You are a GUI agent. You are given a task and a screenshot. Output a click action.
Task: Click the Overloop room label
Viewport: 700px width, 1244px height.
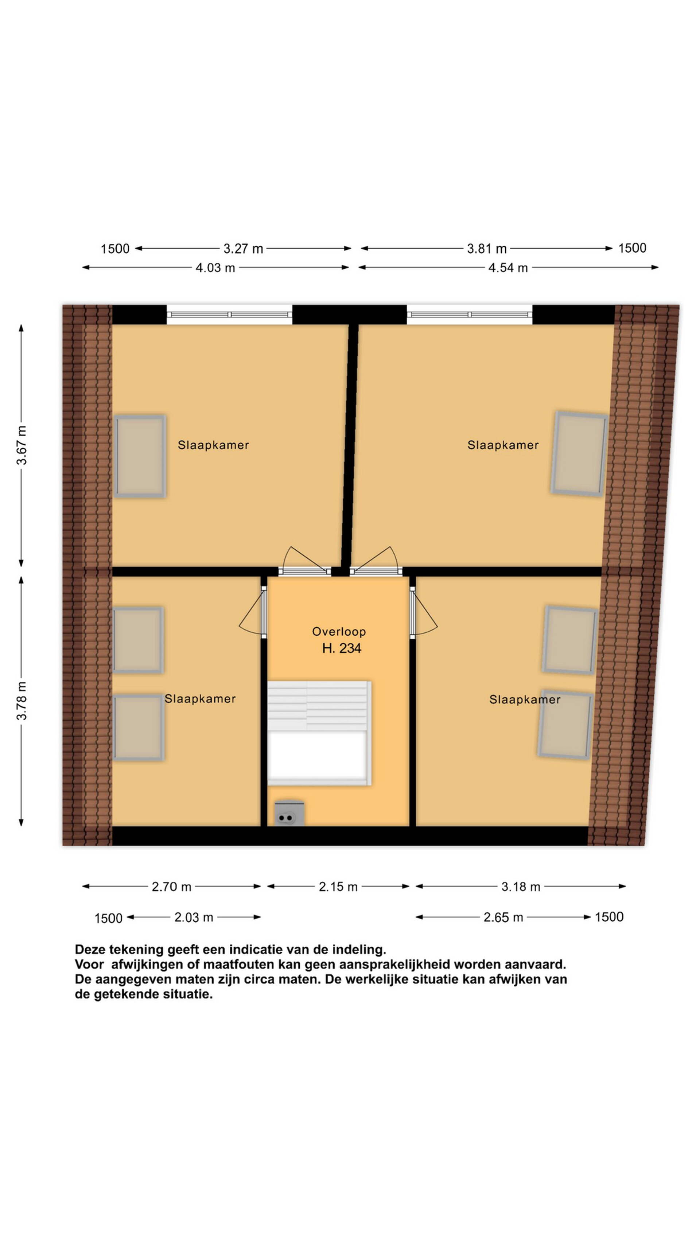click(x=339, y=631)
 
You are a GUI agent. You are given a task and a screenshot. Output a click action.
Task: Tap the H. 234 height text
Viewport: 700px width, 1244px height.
click(x=342, y=648)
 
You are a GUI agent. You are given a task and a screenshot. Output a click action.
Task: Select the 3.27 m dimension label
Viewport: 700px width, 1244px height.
click(x=243, y=249)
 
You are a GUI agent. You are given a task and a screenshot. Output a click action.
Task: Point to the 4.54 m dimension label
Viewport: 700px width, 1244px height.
click(x=508, y=268)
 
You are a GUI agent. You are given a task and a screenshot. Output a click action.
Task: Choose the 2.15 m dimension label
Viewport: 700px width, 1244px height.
click(x=338, y=887)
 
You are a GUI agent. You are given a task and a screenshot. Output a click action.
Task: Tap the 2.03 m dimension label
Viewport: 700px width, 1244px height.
click(x=194, y=917)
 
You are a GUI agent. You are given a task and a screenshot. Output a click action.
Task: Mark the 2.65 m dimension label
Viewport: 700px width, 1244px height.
click(x=503, y=917)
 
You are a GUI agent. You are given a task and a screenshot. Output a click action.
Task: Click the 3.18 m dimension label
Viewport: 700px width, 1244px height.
click(x=521, y=887)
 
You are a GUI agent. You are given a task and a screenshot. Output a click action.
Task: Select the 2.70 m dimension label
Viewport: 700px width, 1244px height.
click(x=171, y=887)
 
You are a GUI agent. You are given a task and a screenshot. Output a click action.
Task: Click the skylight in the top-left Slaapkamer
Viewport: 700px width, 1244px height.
click(x=140, y=456)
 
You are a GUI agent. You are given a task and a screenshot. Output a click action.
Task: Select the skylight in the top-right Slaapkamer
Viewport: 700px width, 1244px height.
click(x=579, y=454)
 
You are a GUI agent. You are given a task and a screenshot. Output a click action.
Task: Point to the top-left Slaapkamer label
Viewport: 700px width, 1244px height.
click(x=213, y=445)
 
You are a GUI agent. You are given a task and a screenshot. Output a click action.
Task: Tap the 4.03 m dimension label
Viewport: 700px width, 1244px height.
click(x=215, y=268)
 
